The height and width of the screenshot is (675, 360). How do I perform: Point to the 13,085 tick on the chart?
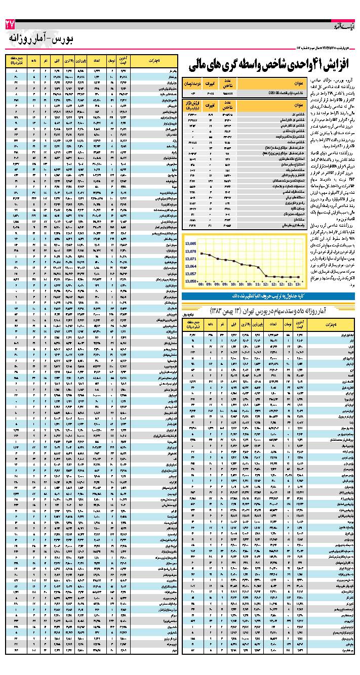(x=191, y=244)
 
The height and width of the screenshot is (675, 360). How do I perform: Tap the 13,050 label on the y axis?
(x=191, y=280)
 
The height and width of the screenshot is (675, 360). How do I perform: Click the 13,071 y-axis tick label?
(x=191, y=258)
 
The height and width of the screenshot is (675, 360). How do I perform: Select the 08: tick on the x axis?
(x=202, y=285)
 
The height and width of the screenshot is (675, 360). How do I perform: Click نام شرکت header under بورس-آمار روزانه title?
(x=155, y=61)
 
